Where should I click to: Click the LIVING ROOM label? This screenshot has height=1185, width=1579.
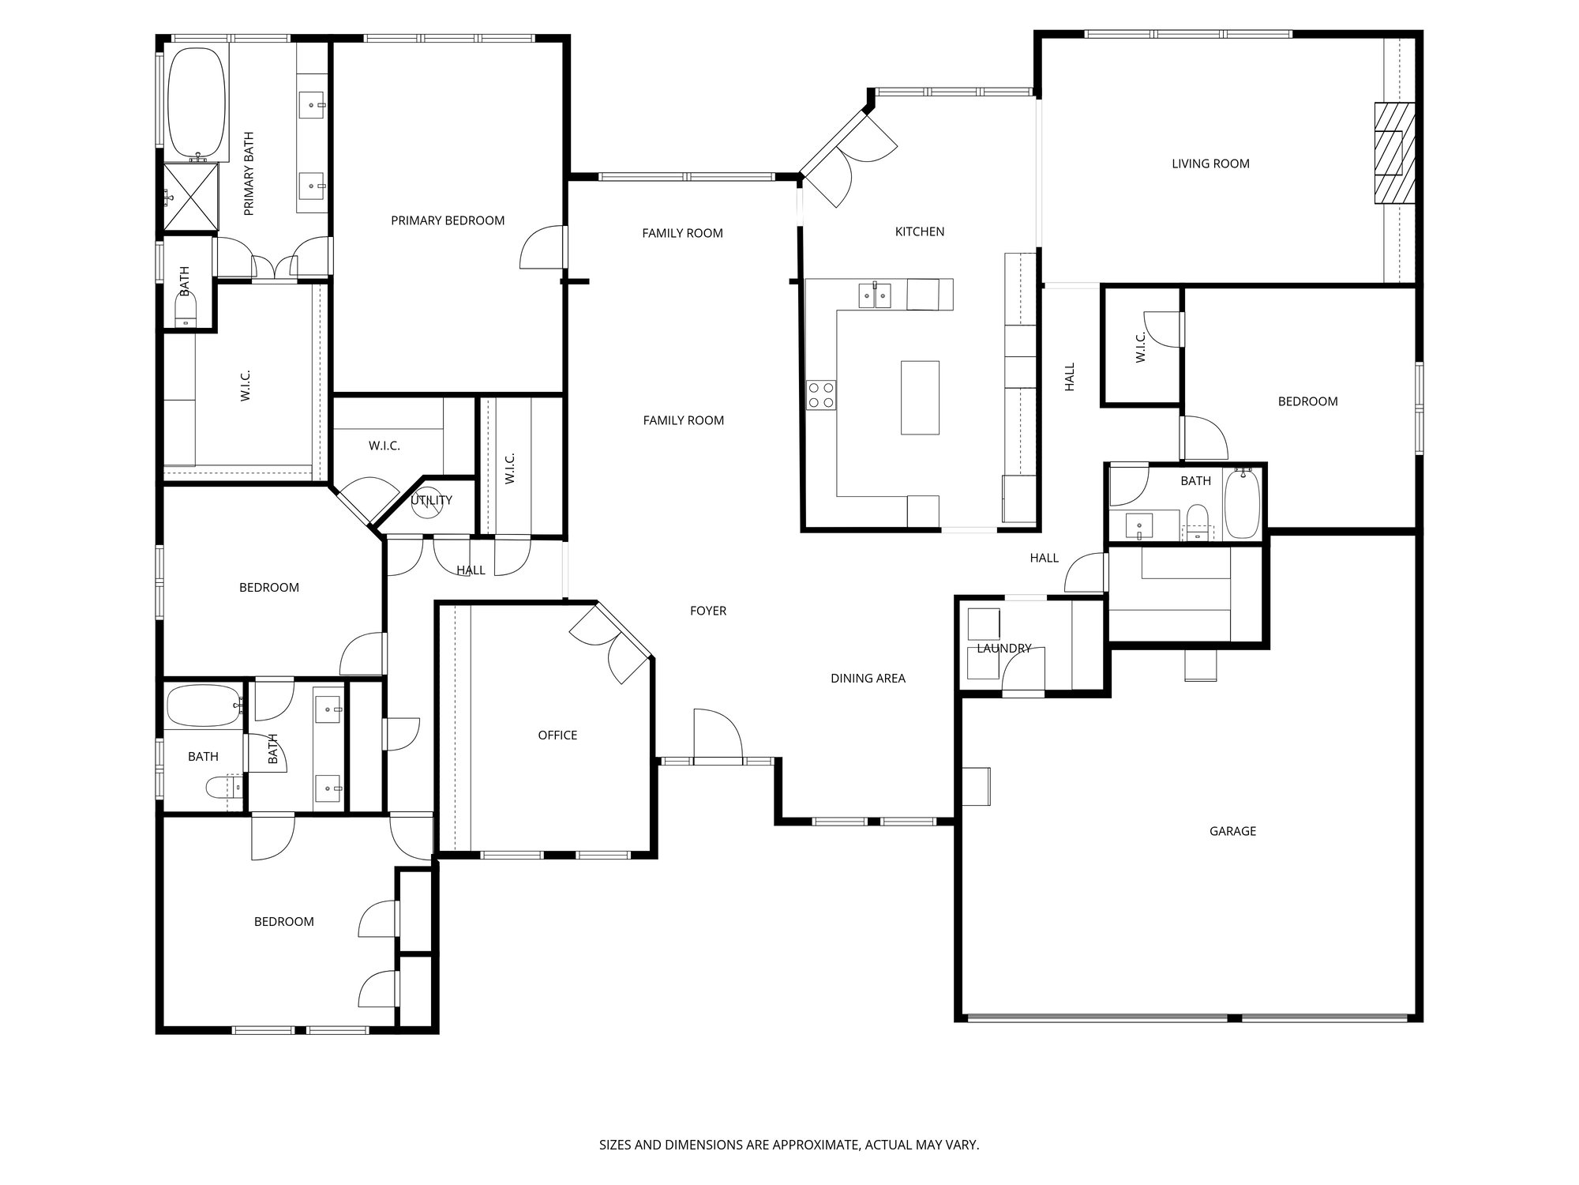pyautogui.click(x=1210, y=164)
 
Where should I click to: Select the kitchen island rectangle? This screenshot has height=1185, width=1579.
pyautogui.click(x=920, y=397)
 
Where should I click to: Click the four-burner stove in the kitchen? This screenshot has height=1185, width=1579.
pyautogui.click(x=821, y=394)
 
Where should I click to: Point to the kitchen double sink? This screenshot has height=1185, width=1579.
pyautogui.click(x=875, y=295)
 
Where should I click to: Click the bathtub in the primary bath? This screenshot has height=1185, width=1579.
pyautogui.click(x=197, y=103)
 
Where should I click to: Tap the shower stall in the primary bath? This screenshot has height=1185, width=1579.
pyautogui.click(x=191, y=197)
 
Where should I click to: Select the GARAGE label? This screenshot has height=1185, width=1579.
pyautogui.click(x=1232, y=831)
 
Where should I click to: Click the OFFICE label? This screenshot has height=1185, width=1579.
pyautogui.click(x=557, y=735)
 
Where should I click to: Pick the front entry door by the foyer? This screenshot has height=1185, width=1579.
pyautogui.click(x=717, y=738)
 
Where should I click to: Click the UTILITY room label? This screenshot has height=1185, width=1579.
pyautogui.click(x=432, y=500)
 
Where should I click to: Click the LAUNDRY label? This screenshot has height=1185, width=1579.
pyautogui.click(x=1003, y=649)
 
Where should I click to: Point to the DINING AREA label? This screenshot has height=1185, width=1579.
pyautogui.click(x=868, y=679)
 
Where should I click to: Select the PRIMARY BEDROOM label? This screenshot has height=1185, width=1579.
pyautogui.click(x=448, y=221)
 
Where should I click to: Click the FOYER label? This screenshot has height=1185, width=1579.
pyautogui.click(x=707, y=611)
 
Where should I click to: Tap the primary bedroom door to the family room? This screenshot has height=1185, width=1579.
pyautogui.click(x=545, y=247)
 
